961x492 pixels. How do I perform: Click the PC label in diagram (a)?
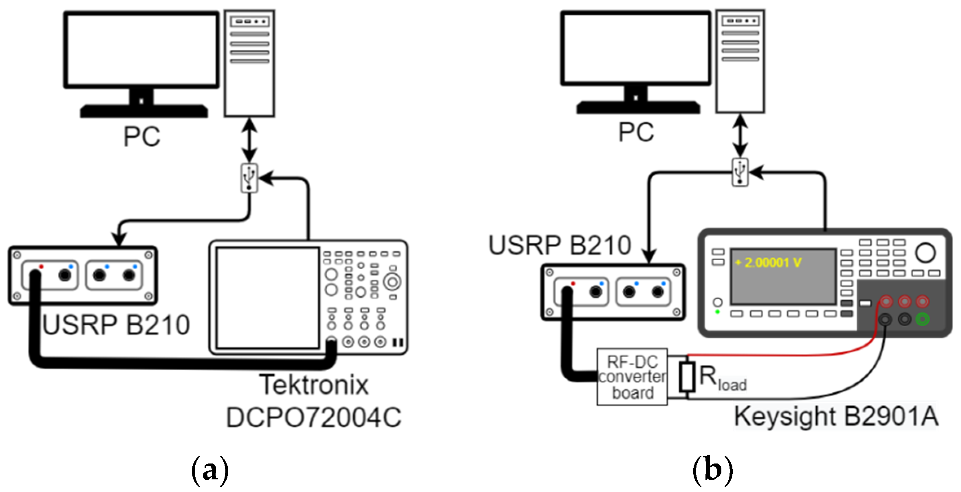click(141, 136)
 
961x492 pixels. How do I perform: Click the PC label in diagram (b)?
click(636, 132)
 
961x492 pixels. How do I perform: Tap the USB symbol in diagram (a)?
click(249, 178)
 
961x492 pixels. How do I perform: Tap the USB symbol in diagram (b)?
click(740, 172)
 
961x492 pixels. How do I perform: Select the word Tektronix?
click(314, 385)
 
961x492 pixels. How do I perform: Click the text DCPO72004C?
click(314, 417)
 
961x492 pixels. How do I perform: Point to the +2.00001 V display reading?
click(768, 263)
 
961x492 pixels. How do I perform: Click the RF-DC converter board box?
click(632, 377)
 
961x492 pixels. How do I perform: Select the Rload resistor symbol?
click(687, 377)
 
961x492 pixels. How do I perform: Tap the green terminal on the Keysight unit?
click(923, 319)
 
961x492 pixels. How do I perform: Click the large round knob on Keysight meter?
click(925, 253)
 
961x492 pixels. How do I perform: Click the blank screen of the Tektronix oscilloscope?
click(268, 298)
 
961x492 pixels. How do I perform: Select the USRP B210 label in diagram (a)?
click(116, 325)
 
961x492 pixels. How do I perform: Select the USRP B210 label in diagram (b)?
click(560, 245)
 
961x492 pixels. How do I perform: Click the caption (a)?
click(210, 470)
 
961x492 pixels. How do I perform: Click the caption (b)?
click(712, 470)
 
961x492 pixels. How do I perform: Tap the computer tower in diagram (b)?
click(740, 61)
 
